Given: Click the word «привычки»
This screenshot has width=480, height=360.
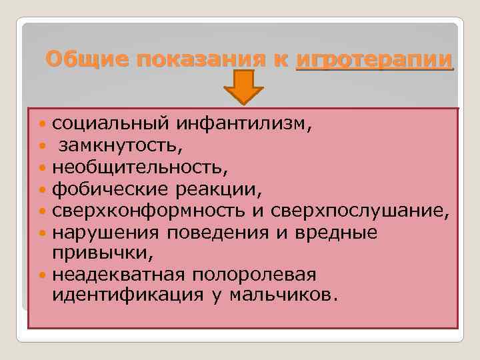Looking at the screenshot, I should (99, 253).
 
